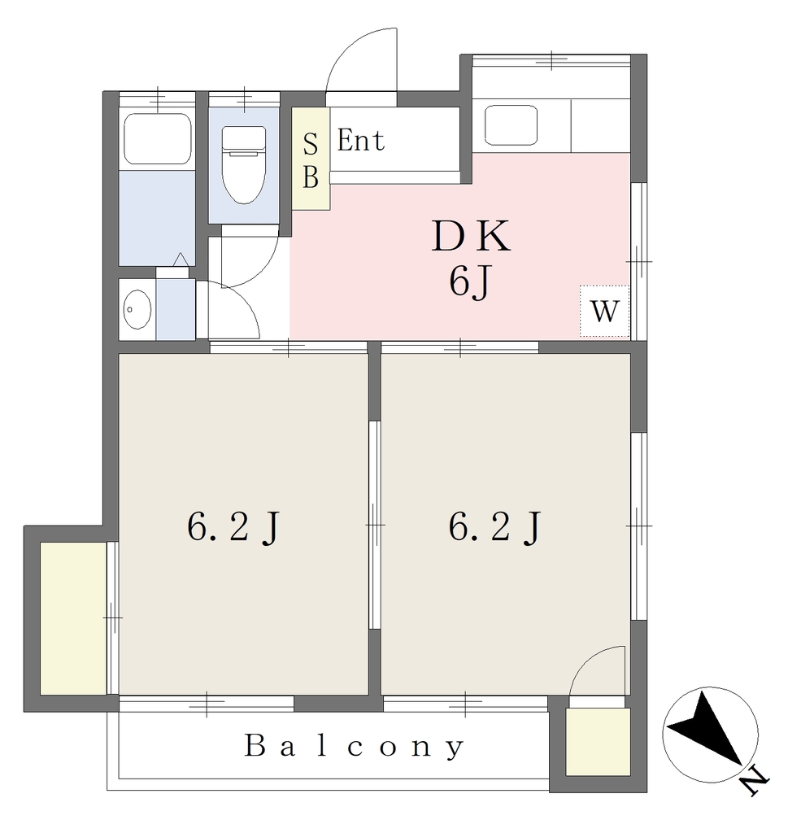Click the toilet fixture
pos(244,164)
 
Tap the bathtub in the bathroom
pos(157,138)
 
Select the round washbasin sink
pos(137,308)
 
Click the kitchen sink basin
pos(511,124)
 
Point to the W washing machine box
pos(604,311)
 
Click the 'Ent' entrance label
pos(361,141)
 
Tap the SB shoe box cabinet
pos(311,159)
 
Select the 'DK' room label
pos(471,236)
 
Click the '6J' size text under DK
pos(468,281)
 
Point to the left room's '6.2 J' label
pos(233,527)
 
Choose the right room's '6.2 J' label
pos(494,527)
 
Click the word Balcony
pos(354,746)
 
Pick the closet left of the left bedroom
pos(73,618)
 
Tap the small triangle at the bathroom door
pos(181,259)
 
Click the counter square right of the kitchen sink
pos(600,125)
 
